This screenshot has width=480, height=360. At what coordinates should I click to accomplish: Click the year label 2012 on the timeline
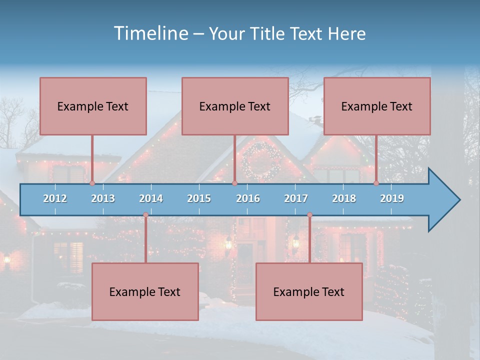[55, 198]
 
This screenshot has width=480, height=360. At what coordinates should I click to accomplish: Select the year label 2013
[103, 198]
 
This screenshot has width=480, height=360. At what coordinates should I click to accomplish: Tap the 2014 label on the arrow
[151, 198]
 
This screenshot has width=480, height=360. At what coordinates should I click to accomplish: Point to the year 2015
[199, 198]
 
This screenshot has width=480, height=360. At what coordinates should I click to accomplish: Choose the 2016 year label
[248, 198]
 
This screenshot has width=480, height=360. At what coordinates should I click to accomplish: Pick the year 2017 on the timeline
[296, 198]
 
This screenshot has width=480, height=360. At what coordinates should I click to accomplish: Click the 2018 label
[344, 198]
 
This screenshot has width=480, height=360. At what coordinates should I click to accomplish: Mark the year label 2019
[392, 198]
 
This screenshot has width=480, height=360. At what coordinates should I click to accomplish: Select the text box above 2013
[93, 106]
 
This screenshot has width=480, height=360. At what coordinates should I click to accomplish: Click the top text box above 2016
[235, 106]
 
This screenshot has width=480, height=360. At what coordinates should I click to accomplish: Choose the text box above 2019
[377, 106]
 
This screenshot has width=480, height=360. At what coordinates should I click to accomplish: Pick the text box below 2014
[145, 291]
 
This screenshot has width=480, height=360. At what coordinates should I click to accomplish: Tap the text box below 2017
[309, 291]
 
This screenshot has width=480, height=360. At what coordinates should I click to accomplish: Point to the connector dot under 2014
[145, 215]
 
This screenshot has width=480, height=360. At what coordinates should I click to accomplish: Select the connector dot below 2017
[309, 215]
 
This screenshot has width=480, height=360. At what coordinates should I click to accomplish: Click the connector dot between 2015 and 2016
[234, 183]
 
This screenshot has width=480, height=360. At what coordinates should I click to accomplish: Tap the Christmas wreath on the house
[261, 161]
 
